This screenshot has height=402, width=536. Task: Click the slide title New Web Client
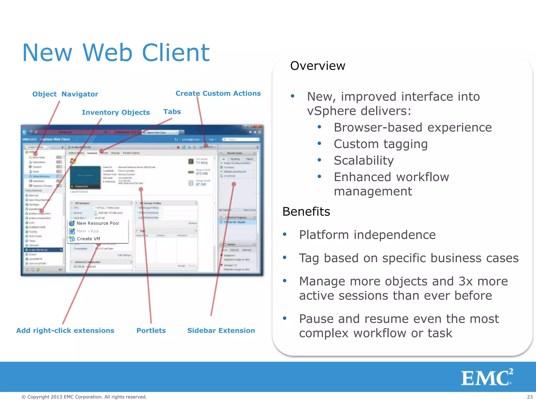116,53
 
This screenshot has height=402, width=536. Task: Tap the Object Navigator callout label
65,94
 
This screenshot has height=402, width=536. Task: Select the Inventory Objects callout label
116,113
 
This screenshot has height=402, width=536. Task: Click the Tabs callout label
172,112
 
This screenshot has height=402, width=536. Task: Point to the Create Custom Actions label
218,93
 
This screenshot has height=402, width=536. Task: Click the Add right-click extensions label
65,331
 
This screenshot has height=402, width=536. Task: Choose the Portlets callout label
151,331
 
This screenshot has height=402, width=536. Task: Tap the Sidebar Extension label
221,331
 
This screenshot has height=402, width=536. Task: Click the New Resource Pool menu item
98,223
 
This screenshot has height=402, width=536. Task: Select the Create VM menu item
88,239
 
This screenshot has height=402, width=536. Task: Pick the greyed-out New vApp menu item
88,231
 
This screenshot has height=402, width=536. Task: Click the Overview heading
317,66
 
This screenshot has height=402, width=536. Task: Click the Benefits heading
306,211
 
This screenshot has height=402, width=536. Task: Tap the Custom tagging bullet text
381,144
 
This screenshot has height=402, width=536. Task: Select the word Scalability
364,160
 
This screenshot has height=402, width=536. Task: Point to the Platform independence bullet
367,235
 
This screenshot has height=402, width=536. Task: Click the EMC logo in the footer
486,377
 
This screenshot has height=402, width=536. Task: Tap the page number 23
529,397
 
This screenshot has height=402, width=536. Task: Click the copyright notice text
84,397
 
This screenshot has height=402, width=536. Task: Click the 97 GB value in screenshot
201,184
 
